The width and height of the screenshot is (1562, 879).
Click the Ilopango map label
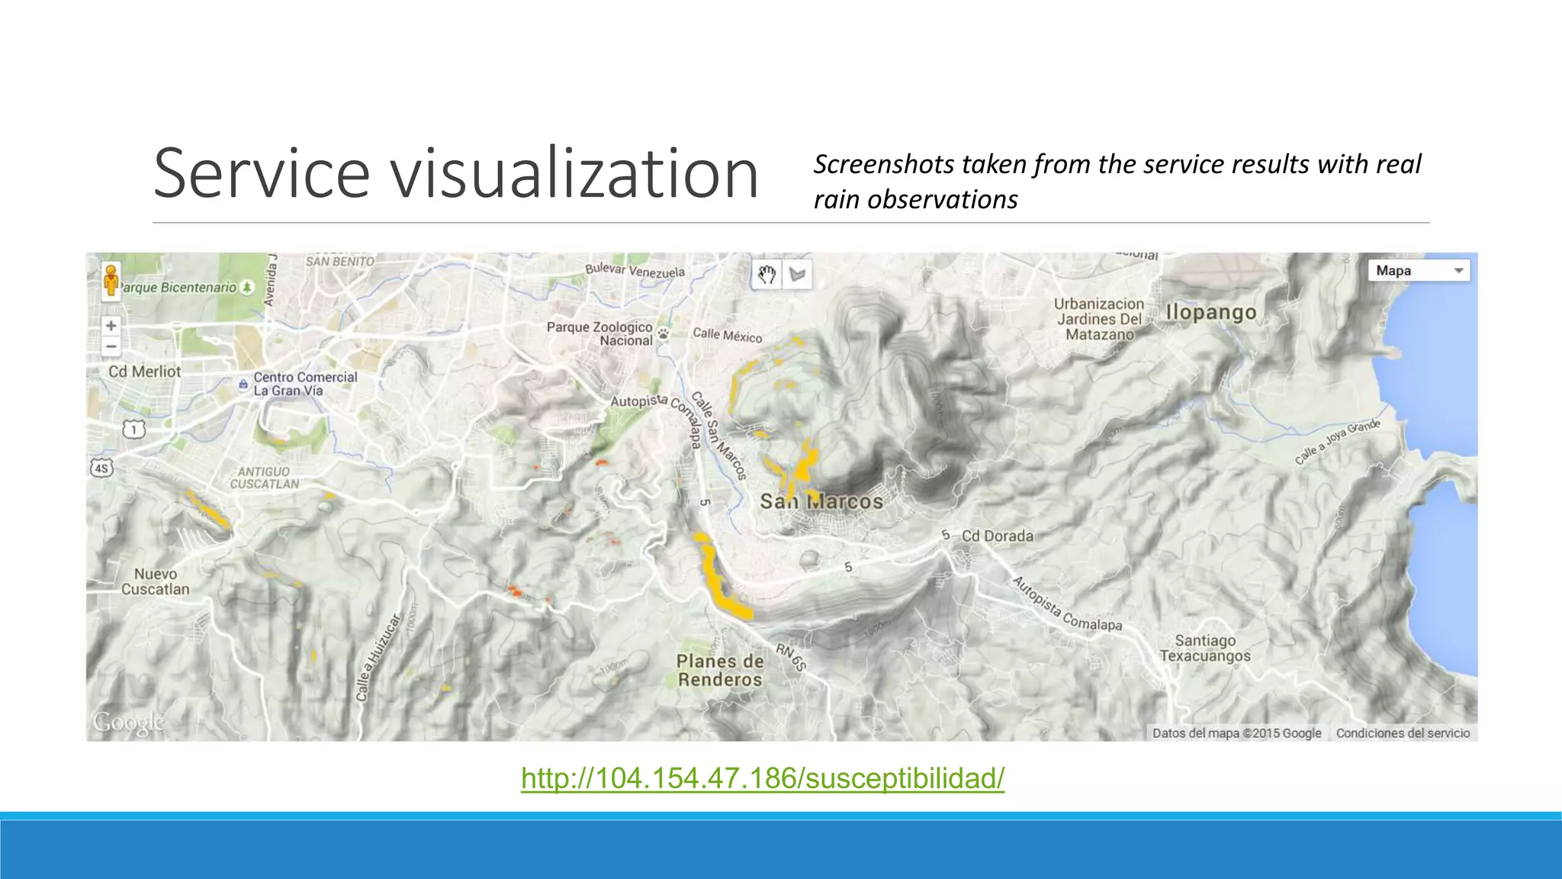(x=1210, y=312)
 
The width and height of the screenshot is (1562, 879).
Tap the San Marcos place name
(x=821, y=501)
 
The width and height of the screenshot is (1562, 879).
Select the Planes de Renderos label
(x=719, y=671)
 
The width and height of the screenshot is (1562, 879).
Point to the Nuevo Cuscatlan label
(x=155, y=581)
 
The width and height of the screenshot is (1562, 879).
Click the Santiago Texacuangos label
(x=1205, y=648)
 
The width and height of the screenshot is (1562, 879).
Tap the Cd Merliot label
(x=145, y=372)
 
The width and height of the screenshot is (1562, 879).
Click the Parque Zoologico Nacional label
(x=599, y=333)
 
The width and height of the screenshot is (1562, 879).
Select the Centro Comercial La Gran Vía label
(x=304, y=384)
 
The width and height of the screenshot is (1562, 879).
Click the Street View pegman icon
(x=111, y=281)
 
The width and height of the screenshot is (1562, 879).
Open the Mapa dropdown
(x=1419, y=271)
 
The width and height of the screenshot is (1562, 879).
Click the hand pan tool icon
(x=767, y=275)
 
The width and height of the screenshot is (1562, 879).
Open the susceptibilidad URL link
(x=763, y=778)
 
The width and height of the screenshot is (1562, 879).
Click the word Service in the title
(x=261, y=174)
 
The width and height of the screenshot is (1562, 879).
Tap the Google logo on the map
(x=128, y=722)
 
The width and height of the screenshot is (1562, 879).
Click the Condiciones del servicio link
(x=1403, y=733)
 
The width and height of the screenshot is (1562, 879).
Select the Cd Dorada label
(x=997, y=536)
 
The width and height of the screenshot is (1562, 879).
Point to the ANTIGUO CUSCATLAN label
(x=264, y=478)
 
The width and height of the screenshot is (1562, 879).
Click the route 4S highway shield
(x=101, y=468)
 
